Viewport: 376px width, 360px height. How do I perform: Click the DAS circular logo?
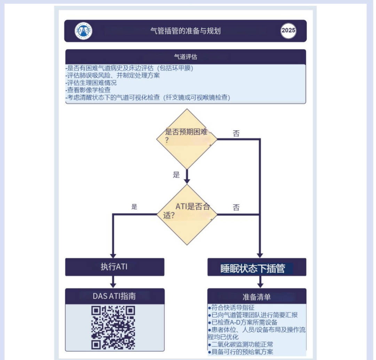[84, 31]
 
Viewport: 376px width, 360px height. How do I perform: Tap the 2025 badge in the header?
[288, 31]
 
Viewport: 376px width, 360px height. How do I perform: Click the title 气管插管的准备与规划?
[185, 31]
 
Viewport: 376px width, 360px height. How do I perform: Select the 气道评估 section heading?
[186, 56]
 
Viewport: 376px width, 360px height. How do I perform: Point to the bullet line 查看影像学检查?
[89, 90]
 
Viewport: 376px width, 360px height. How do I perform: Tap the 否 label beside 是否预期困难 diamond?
[236, 134]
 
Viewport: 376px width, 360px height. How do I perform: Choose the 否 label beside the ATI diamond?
[236, 208]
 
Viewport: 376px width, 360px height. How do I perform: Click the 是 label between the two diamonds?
[177, 175]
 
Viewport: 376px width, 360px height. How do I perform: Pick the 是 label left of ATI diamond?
[134, 207]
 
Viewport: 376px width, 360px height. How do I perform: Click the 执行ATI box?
[115, 267]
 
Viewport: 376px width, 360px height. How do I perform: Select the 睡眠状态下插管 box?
[257, 268]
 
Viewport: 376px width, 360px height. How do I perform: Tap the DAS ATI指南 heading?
[115, 296]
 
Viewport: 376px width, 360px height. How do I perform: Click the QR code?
[113, 327]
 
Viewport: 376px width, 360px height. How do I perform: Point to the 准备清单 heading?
[257, 297]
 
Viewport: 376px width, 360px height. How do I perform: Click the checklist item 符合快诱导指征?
[233, 308]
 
